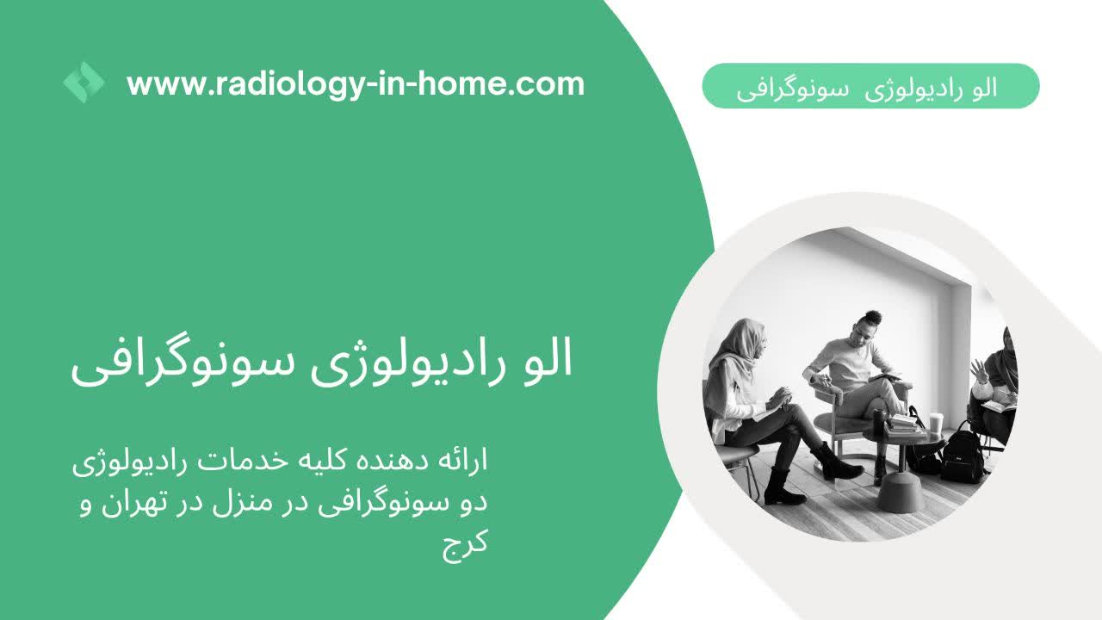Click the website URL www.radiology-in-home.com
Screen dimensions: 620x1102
pyautogui.click(x=355, y=84)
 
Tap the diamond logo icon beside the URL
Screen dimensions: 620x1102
pyautogui.click(x=84, y=84)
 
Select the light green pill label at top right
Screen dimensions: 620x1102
pyautogui.click(x=870, y=86)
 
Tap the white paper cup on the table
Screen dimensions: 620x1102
pyautogui.click(x=935, y=422)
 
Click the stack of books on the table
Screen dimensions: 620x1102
pyautogui.click(x=901, y=424)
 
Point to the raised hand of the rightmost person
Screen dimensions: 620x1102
pyautogui.click(x=979, y=371)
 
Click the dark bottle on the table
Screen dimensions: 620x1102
pyautogui.click(x=879, y=421)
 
